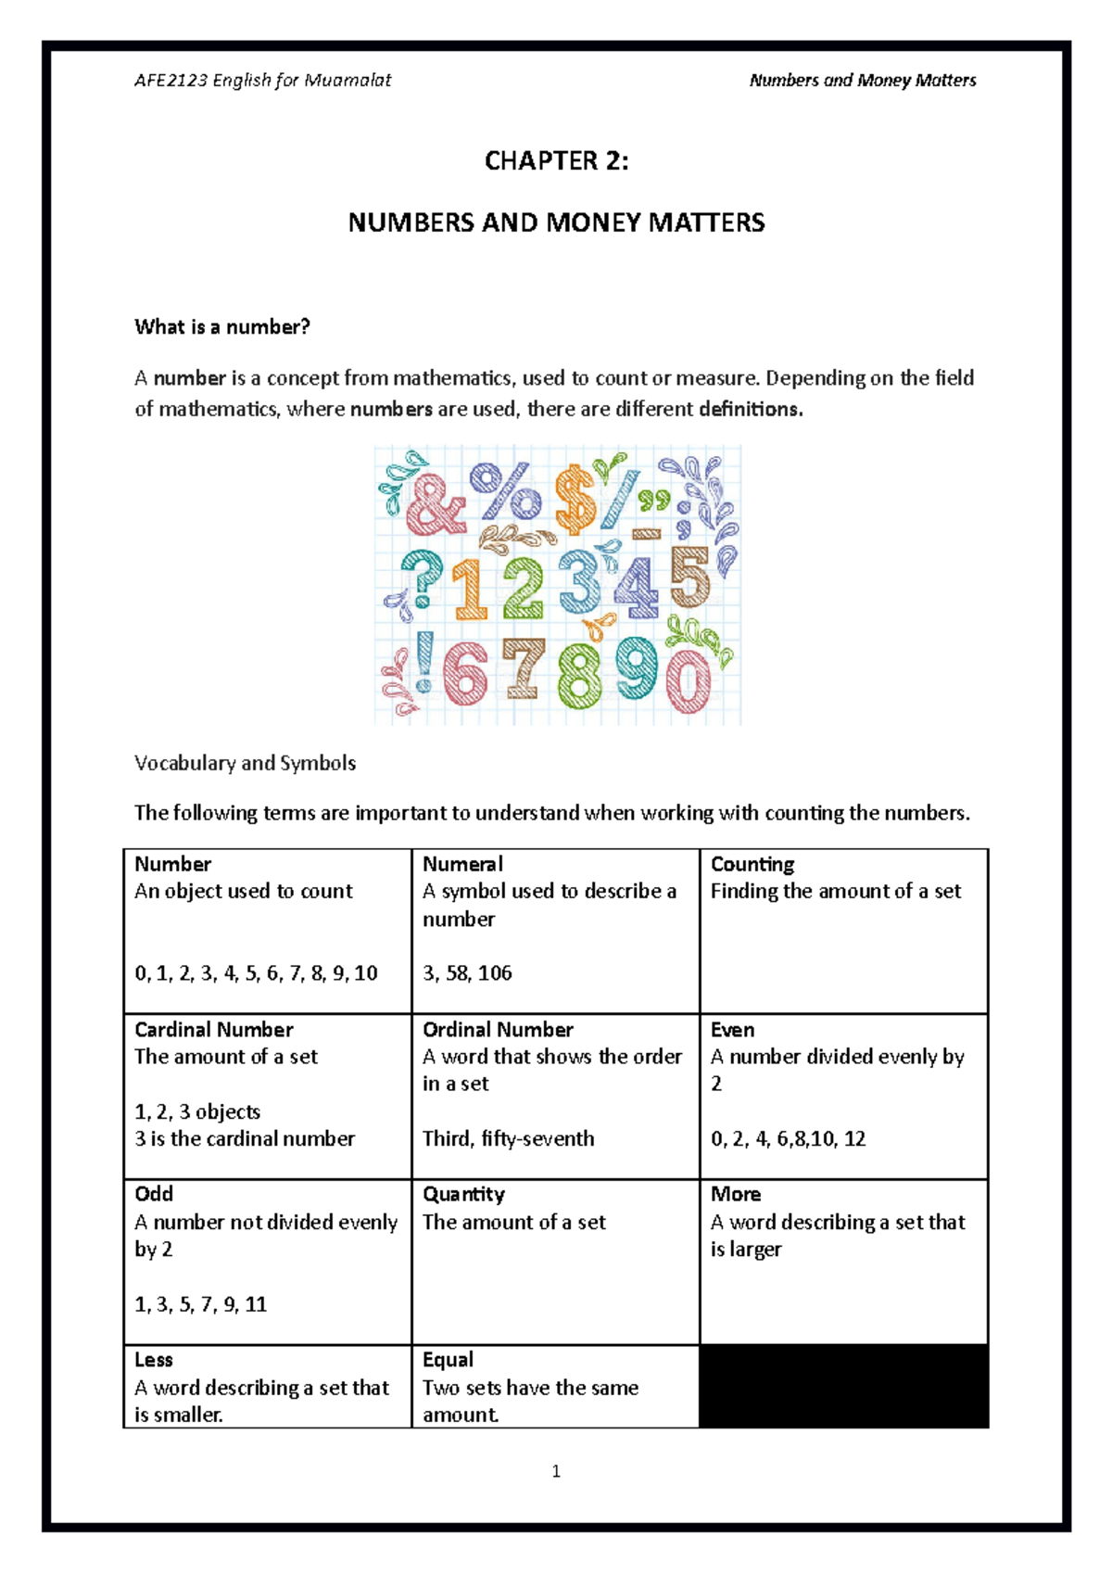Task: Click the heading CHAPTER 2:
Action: coord(556,161)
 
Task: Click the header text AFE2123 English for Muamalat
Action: coord(262,81)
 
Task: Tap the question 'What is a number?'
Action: coord(222,326)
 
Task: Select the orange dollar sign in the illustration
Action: coord(575,500)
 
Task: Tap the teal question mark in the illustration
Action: coord(422,583)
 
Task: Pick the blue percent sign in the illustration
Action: coord(505,491)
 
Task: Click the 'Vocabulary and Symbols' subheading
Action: coord(245,763)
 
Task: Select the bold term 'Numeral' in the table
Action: coord(462,864)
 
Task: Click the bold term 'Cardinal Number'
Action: coord(214,1029)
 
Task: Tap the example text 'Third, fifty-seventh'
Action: coord(509,1138)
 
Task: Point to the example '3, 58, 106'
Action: coord(467,972)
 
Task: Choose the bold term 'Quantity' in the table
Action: coord(463,1194)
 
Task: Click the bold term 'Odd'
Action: coord(154,1194)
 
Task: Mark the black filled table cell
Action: coord(843,1386)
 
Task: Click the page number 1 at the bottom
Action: coord(556,1471)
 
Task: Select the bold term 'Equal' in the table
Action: coord(448,1359)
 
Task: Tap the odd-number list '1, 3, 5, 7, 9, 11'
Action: coord(201,1304)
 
